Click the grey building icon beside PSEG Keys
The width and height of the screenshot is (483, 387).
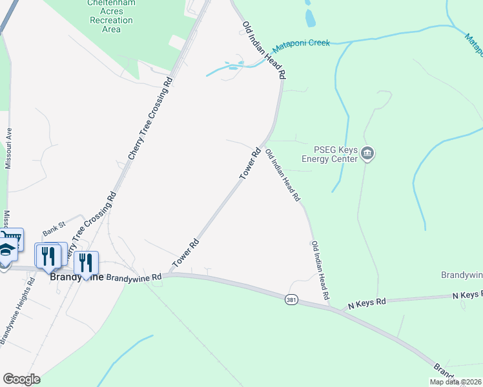368,154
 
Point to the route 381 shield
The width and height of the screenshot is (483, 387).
291,300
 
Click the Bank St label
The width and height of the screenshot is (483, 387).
54,230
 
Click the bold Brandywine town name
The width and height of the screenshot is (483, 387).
76,277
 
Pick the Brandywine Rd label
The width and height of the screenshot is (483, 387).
134,277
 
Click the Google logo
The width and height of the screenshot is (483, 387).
21,379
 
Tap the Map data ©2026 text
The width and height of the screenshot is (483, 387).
455,382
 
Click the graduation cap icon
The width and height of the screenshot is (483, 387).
6,250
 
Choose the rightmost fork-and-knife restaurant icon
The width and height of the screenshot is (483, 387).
85,262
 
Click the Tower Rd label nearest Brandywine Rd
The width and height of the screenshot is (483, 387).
185,255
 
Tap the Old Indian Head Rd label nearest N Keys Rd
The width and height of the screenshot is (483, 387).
321,271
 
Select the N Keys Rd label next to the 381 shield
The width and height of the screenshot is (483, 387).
367,301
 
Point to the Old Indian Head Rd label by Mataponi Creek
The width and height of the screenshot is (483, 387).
264,50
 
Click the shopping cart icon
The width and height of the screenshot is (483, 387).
15,239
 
